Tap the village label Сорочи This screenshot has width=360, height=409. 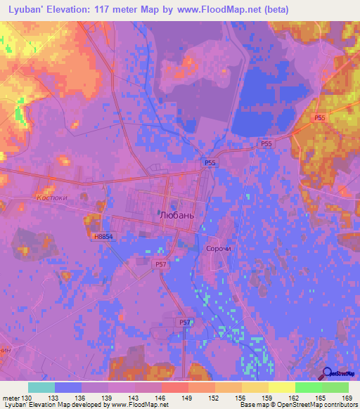point(219,249)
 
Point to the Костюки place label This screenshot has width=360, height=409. point(50,198)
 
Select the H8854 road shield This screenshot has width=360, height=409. point(103,237)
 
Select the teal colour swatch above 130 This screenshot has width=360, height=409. point(41,387)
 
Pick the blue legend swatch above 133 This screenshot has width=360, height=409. point(68,387)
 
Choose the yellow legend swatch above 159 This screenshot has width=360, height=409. point(255,387)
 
